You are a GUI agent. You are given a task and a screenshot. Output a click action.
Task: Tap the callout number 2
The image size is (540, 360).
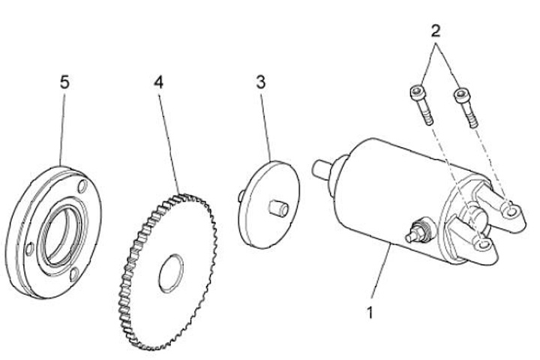pyautogui.click(x=436, y=32)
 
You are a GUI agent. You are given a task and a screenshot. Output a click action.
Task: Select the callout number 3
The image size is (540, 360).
pyautogui.click(x=260, y=82)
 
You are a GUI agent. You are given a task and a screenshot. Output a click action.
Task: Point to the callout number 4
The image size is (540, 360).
pyautogui.click(x=158, y=82)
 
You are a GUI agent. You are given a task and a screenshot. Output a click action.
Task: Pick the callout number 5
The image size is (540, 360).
pyautogui.click(x=64, y=82)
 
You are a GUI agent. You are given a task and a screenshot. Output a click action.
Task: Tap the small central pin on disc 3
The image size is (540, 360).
pyautogui.click(x=278, y=207)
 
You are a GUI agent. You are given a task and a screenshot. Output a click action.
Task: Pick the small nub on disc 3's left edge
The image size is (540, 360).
pyautogui.click(x=240, y=197)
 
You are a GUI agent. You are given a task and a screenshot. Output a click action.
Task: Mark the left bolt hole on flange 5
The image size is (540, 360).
pyautogui.click(x=28, y=247)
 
